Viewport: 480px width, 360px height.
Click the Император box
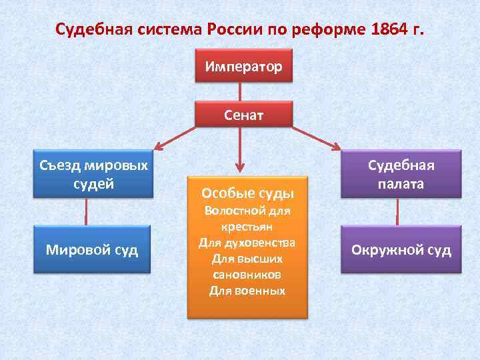[243, 66]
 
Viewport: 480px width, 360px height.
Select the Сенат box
[243, 115]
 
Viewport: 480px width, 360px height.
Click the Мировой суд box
[92, 250]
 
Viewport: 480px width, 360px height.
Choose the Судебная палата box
[401, 175]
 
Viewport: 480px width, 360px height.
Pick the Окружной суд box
[401, 250]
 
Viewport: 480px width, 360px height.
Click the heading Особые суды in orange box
[247, 193]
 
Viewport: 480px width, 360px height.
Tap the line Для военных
[247, 291]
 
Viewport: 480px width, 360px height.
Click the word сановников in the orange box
[247, 274]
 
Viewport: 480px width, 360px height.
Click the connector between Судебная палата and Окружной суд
[398, 212]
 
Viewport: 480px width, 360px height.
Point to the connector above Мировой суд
[86, 212]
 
